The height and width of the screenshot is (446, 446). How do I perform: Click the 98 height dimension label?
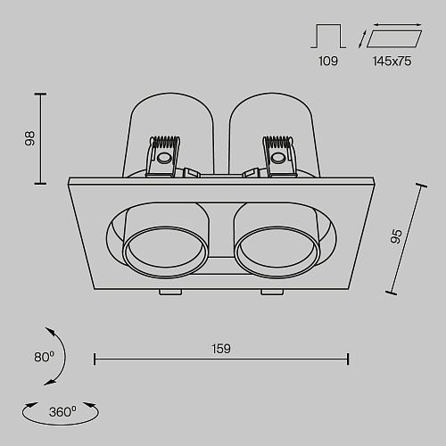[x=29, y=138]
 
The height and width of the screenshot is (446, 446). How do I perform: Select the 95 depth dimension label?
[x=396, y=236]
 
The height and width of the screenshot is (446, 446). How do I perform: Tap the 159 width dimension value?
[x=221, y=349]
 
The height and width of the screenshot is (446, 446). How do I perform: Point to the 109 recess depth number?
[x=328, y=62]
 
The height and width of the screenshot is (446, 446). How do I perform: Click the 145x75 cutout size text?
[x=392, y=62]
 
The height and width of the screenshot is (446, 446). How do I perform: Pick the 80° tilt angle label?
[x=45, y=357]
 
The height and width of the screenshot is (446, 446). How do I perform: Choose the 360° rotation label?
[x=62, y=412]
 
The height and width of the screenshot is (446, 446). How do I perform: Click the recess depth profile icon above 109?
[x=328, y=36]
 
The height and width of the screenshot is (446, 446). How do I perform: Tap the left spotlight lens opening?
[x=165, y=252]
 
